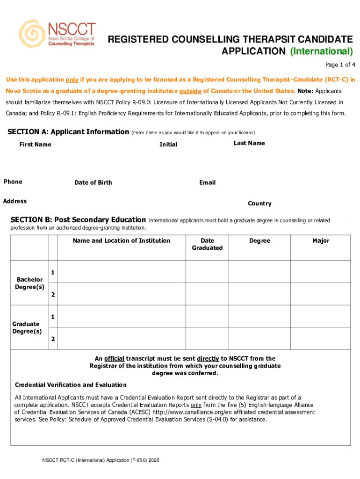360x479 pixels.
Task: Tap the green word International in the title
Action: tap(321, 51)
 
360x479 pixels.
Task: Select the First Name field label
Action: tap(35, 145)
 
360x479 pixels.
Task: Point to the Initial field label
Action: tap(168, 145)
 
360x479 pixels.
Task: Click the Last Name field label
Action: tap(249, 143)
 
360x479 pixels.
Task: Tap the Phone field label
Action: tap(13, 181)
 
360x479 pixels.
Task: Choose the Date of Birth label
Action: tap(93, 182)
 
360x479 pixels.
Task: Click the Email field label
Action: tap(207, 182)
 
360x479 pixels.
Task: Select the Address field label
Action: tap(15, 201)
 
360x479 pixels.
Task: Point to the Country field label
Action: tap(259, 203)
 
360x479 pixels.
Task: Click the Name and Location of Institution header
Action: tap(122, 240)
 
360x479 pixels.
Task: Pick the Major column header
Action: tap(321, 240)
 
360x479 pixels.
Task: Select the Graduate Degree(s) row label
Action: tap(27, 327)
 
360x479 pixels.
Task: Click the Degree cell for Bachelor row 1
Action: tap(259, 272)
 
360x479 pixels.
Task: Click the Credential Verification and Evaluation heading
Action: tap(71, 385)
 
